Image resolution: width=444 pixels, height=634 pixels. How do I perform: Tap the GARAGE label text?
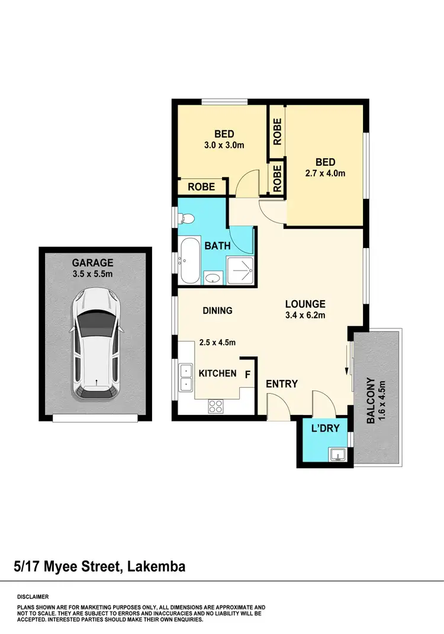click(x=92, y=263)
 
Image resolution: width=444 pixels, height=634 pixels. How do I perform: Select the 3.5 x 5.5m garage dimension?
click(x=92, y=274)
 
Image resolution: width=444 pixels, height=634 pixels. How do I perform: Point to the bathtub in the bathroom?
click(x=191, y=260)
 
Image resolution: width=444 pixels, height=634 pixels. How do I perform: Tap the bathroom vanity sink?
click(x=213, y=277)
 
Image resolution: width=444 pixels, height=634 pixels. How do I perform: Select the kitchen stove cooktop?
click(x=215, y=406)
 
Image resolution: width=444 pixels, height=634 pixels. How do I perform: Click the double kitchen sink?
click(x=186, y=377)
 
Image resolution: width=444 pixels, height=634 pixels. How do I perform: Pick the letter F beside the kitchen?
click(x=247, y=374)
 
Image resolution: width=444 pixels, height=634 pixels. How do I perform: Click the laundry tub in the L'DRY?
click(x=337, y=454)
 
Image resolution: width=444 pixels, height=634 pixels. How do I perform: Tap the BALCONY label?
click(x=370, y=401)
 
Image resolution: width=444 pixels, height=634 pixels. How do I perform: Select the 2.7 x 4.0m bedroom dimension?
click(x=325, y=173)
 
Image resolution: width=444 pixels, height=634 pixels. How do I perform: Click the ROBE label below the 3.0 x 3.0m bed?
click(x=201, y=186)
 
